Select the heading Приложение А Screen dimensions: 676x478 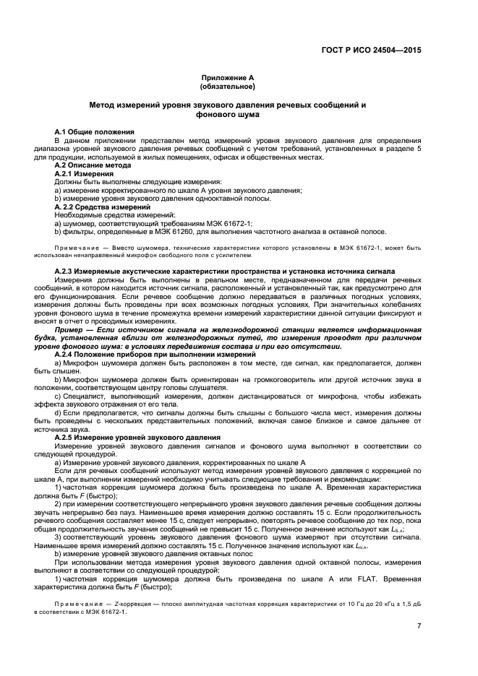[x=227, y=77]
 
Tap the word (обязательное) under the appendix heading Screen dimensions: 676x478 [x=227, y=87]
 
